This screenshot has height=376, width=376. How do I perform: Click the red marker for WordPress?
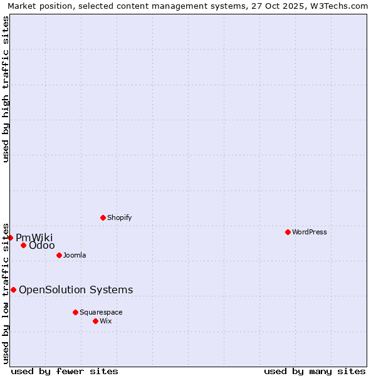coord(288,232)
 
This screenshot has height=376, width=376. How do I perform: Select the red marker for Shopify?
coord(103,217)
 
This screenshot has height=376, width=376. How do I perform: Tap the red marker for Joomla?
coord(59,255)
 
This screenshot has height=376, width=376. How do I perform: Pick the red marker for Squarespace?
coord(75,312)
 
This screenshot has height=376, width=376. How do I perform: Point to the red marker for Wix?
coord(95,321)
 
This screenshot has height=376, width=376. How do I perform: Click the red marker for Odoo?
coord(23,245)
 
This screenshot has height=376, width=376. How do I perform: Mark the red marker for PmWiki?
coord(10,238)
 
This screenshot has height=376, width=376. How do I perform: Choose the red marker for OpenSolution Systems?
coord(13,290)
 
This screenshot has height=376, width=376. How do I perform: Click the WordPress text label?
coord(310,232)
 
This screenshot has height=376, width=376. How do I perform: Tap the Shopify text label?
coord(119,217)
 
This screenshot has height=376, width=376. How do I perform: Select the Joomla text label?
coord(75,255)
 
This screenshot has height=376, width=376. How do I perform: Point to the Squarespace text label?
coord(101,312)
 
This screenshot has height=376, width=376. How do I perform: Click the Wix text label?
coord(105,321)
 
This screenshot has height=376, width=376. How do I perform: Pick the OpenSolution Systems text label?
coord(76,290)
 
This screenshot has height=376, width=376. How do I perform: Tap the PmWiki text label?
coord(34,238)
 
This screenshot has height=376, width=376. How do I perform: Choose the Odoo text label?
coord(42,245)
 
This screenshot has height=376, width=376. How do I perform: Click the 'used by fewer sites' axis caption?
coord(65,371)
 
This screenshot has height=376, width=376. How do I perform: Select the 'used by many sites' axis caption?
coord(315,371)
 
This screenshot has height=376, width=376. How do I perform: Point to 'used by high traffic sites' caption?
coord(6,89)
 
